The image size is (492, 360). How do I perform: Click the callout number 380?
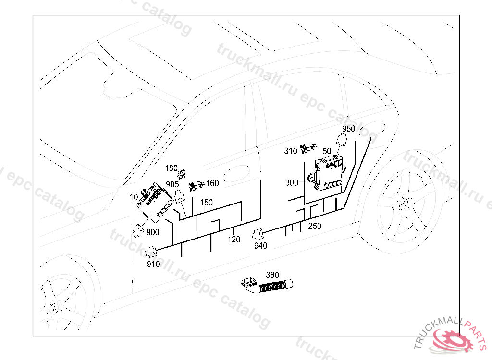coord(272,275)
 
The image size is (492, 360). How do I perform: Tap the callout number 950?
coord(349,129)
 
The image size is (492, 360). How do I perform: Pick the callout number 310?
coord(291,151)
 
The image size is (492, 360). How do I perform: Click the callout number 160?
coord(212,183)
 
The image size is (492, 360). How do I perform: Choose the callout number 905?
coord(172,184)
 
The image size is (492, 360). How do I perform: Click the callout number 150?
coord(207,203)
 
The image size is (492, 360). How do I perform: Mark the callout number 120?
coord(234,240)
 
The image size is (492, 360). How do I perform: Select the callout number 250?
coord(314,226)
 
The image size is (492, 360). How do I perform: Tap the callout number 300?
coord(292,182)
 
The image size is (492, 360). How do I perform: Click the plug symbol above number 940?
coord(258,235)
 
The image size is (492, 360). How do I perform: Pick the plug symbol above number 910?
coord(151,252)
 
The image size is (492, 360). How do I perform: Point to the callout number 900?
coord(153,232)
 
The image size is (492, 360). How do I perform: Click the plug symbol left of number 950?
coord(341,139)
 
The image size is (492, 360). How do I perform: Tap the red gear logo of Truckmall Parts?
coord(452,340)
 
